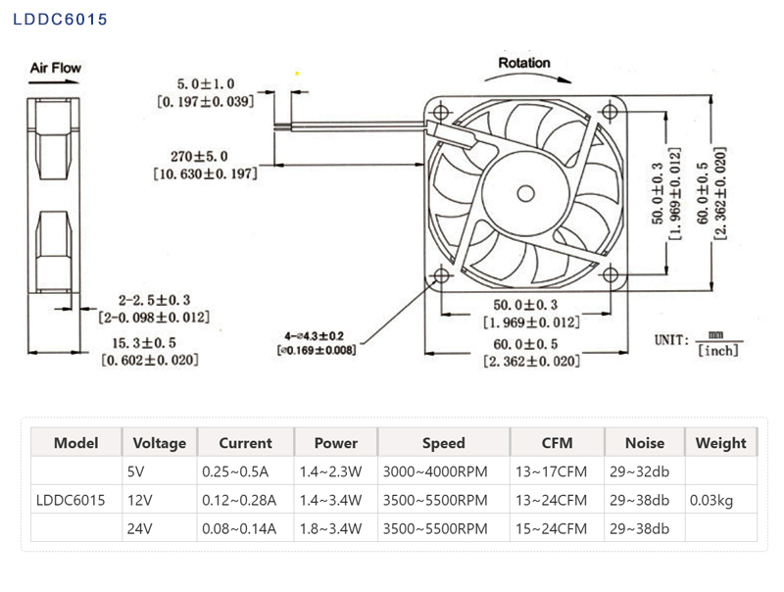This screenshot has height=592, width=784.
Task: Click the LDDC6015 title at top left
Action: click(61, 19)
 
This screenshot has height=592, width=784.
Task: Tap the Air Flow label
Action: click(56, 68)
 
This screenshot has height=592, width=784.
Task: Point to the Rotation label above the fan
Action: click(524, 63)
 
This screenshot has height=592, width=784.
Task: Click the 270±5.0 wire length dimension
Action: click(199, 156)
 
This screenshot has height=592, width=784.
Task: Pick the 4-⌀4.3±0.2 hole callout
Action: click(316, 334)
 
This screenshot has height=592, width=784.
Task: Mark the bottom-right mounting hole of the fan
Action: click(611, 276)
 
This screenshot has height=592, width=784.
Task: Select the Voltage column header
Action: click(159, 443)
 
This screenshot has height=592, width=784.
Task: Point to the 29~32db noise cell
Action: click(639, 471)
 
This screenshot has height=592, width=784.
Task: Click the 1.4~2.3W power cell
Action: click(330, 471)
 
